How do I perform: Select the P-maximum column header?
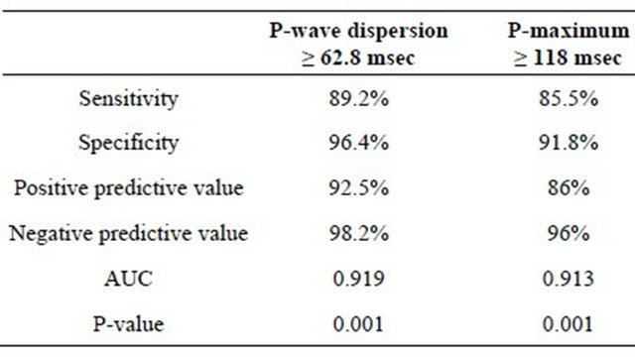pos(561,44)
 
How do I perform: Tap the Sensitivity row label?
pos(129,99)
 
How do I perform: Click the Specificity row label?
pos(129,143)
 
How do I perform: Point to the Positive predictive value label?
pos(129,187)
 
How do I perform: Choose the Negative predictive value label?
pos(129,234)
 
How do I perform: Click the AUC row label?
pos(129,279)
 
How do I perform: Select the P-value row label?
pos(129,323)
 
